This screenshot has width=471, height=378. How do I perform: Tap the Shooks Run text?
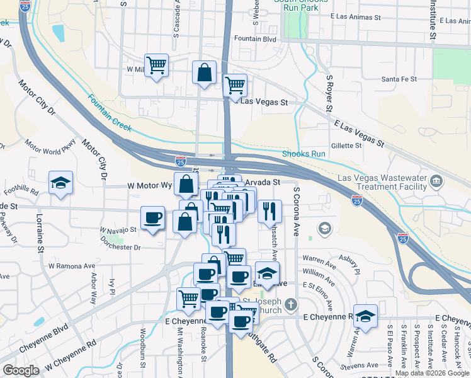pyautogui.click(x=304, y=154)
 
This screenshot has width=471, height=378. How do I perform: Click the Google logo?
pyautogui.click(x=21, y=370)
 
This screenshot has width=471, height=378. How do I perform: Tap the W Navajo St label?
pyautogui.click(x=118, y=230)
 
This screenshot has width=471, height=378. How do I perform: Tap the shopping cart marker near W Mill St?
pyautogui.click(x=156, y=65)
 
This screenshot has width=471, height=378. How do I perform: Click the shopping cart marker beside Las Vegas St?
pyautogui.click(x=235, y=85)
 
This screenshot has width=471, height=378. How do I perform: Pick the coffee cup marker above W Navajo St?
pyautogui.click(x=152, y=218)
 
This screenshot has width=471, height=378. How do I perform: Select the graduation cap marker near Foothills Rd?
pyautogui.click(x=61, y=183)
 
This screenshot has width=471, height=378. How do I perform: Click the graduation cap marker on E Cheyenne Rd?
pyautogui.click(x=365, y=316)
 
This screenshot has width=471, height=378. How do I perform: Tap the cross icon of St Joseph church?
pyautogui.click(x=290, y=306)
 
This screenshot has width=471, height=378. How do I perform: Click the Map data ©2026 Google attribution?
pyautogui.click(x=433, y=373)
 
